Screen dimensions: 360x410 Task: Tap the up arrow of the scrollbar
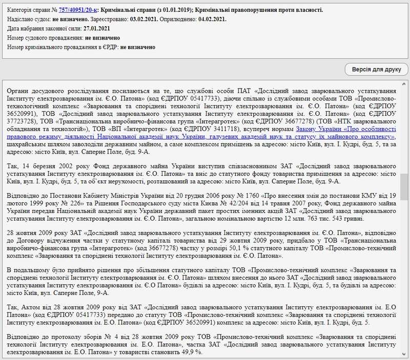point(404,84)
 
